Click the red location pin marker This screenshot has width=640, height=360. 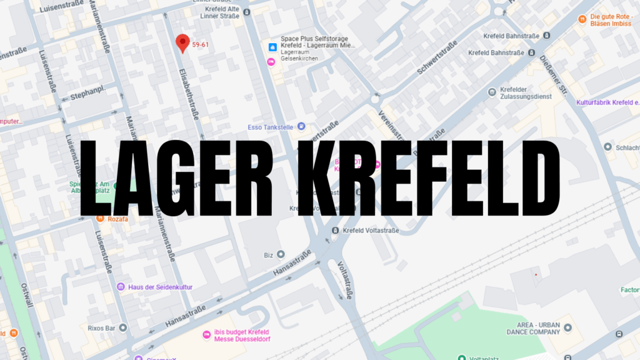(x=182, y=42)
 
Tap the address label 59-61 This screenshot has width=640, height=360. (x=201, y=44)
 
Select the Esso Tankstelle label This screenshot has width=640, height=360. (x=271, y=127)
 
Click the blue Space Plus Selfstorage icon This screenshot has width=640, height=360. (x=272, y=47)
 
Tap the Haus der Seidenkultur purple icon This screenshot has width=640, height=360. (x=121, y=287)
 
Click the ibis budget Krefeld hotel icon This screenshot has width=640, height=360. (x=206, y=334)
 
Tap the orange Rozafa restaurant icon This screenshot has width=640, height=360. (x=100, y=218)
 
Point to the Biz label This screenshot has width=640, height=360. (x=268, y=254)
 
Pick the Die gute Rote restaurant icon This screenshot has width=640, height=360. (x=582, y=19)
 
